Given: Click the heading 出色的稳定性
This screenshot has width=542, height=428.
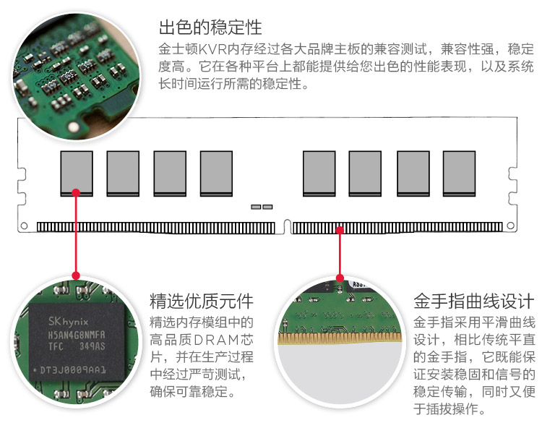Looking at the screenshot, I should click(x=210, y=28).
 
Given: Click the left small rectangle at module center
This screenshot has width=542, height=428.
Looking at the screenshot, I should click(x=256, y=207).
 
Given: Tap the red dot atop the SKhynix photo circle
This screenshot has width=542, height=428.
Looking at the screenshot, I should click(x=76, y=275).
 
